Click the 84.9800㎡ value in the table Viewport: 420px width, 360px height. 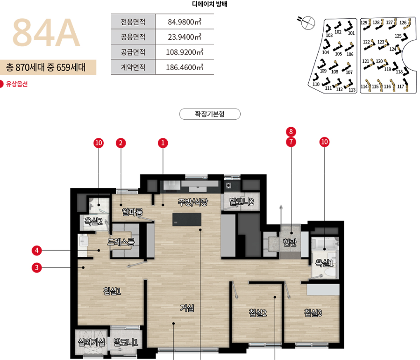[x=185, y=22]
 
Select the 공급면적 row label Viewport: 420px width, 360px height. [x=133, y=52]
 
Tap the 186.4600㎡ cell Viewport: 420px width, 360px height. [x=185, y=67]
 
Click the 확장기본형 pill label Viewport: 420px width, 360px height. [x=210, y=114]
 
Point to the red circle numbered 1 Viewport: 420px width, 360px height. [x=163, y=143]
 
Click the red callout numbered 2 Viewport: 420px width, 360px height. [x=121, y=143]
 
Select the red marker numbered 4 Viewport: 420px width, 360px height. [x=37, y=251]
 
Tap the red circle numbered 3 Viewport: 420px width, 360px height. [x=37, y=267]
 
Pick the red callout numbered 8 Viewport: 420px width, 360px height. [x=291, y=132]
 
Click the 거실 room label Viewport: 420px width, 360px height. [x=187, y=308]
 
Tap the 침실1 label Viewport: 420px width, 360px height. [x=112, y=291]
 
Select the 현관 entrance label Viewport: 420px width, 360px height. [x=290, y=242]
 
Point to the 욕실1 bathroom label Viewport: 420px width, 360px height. [x=324, y=263]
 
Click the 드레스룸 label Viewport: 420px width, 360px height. [x=121, y=242]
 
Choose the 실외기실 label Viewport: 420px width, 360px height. [x=92, y=342]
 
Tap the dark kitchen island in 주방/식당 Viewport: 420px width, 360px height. [x=187, y=220]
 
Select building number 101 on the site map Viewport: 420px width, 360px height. [x=351, y=33]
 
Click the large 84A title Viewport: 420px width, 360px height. [x=46, y=33]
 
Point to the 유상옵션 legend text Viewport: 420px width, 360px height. [x=17, y=84]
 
